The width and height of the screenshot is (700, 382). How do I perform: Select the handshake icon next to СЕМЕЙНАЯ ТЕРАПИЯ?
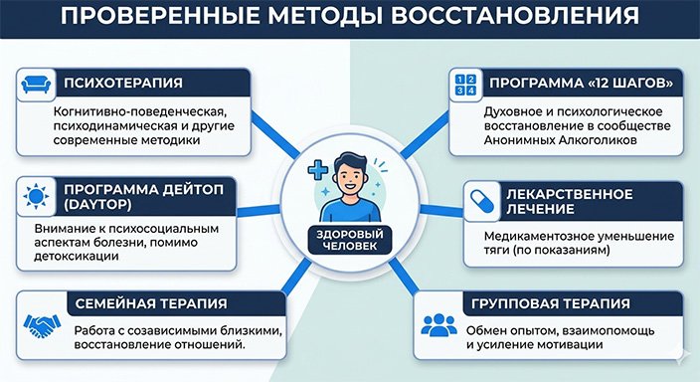(x=36, y=324)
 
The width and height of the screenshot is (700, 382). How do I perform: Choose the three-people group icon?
(x=438, y=325)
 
